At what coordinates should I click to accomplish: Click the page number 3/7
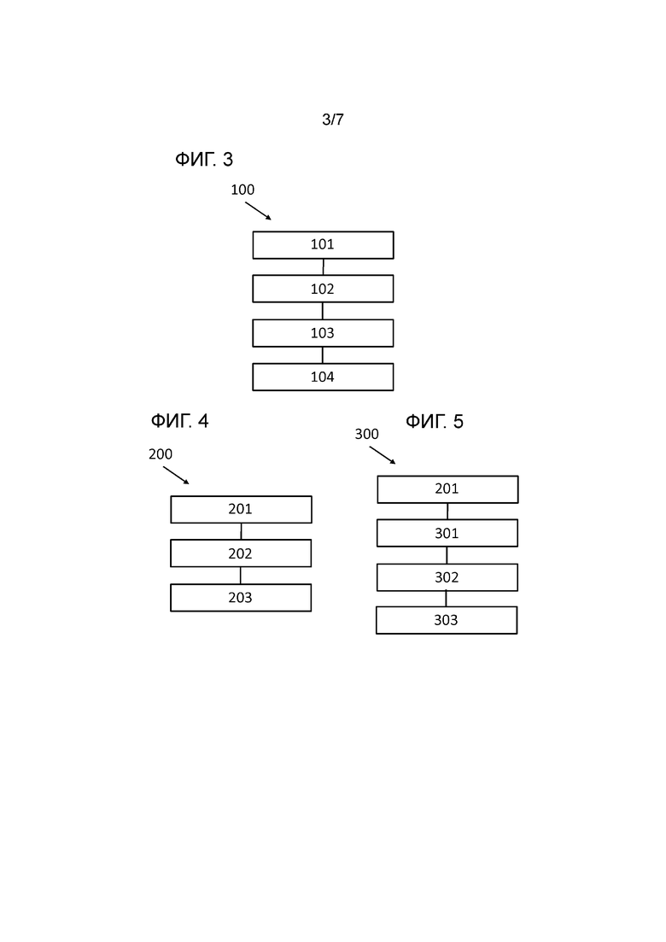click(333, 120)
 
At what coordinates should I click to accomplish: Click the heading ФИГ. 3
click(204, 159)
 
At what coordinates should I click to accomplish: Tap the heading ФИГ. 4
click(179, 420)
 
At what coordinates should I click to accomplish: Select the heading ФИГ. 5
click(435, 421)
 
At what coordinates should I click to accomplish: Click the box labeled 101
click(323, 245)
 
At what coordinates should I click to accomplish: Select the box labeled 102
click(323, 289)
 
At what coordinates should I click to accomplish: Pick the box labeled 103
click(323, 333)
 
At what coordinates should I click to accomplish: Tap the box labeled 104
click(323, 377)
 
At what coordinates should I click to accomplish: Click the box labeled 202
click(241, 553)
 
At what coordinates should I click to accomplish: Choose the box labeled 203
click(241, 598)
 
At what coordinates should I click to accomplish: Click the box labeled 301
click(447, 533)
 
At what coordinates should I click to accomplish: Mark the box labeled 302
click(447, 577)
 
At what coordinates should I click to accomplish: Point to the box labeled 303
click(447, 620)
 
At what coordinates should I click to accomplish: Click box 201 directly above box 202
click(242, 510)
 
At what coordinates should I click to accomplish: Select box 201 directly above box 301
click(448, 489)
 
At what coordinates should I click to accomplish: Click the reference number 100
click(242, 190)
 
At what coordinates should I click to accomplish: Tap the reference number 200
click(161, 454)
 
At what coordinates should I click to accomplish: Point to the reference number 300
click(367, 435)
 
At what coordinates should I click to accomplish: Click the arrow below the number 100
click(258, 211)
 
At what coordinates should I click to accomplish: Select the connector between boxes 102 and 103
click(323, 311)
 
